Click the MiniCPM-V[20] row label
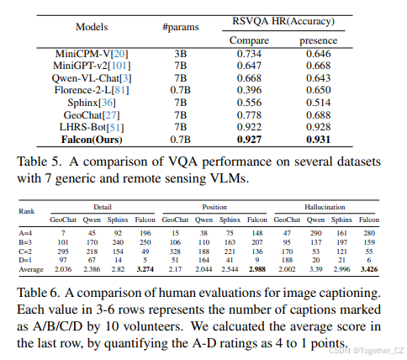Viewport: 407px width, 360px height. tap(92, 52)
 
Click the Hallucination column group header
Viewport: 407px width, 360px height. tap(336, 206)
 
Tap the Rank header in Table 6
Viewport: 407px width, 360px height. tap(29, 211)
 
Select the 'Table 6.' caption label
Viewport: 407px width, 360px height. tap(44, 293)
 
